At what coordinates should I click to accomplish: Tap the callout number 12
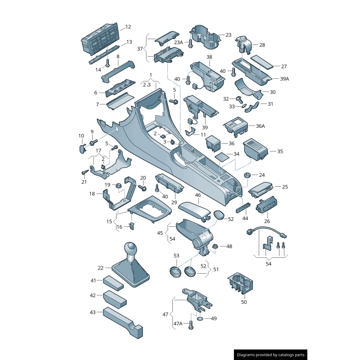coord(128,27)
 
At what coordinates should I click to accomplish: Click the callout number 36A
coord(261,126)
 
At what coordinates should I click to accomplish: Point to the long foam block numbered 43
coord(123,323)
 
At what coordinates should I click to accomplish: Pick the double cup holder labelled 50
coord(240,284)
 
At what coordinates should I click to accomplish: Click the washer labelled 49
coord(200,319)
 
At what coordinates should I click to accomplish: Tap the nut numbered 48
coord(215,246)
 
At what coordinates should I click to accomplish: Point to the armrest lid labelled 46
coord(195,211)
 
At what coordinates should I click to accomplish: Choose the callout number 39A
coord(284,79)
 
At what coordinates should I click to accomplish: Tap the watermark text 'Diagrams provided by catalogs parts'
coord(271,355)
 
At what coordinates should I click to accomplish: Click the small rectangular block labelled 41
coord(113,283)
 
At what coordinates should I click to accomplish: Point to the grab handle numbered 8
coord(118,72)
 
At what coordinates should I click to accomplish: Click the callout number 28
coord(262,45)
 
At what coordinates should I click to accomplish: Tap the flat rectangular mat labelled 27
coord(262,62)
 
